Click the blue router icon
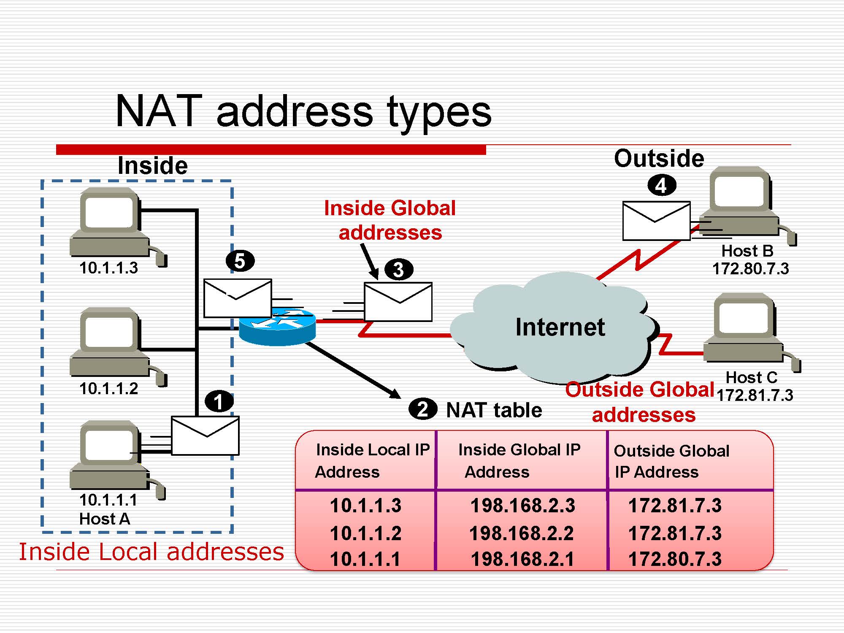pos(277,327)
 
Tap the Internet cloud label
pos(560,327)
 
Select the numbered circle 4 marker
pos(662,185)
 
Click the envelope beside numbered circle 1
pos(205,436)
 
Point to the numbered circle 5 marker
pos(240,261)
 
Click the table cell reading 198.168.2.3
pos(522,505)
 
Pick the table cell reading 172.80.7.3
pos(675,559)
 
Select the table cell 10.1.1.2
pos(365,533)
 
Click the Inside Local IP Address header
pos(371,460)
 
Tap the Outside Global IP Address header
pos(671,461)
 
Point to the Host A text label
pos(104,519)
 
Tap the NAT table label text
pos(494,410)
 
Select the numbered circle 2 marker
pos(422,409)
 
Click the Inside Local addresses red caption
pos(151,552)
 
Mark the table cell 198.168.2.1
pos(522,559)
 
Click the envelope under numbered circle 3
pos(398,302)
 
